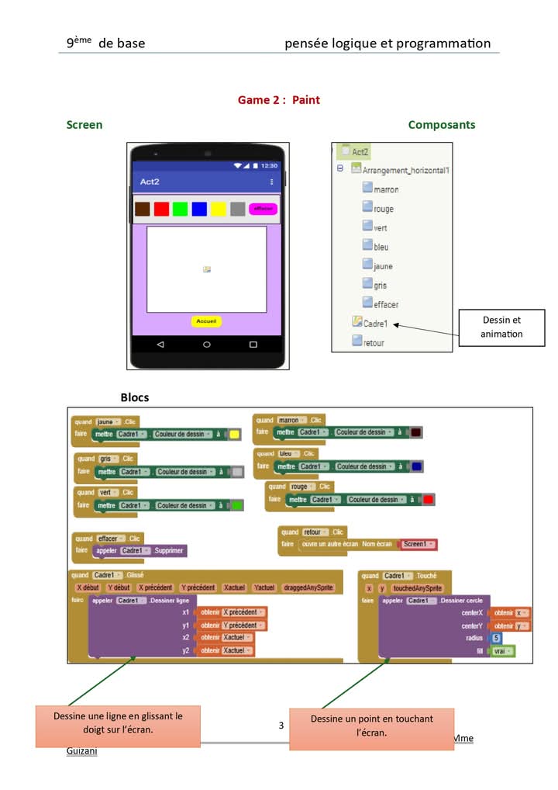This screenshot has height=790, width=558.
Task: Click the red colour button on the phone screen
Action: (x=161, y=209)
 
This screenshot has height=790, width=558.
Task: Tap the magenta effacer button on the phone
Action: (x=263, y=209)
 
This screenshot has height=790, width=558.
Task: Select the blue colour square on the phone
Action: (x=199, y=209)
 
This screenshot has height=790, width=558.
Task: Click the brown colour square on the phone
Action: (x=142, y=209)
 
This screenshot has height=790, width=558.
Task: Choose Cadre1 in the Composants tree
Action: (x=375, y=324)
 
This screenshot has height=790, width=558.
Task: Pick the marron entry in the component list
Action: (x=385, y=189)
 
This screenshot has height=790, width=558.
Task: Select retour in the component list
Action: (x=373, y=342)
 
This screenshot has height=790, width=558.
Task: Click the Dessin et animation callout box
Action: (x=501, y=327)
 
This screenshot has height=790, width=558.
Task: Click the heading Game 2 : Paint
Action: (x=278, y=100)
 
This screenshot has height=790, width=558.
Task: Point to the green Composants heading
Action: (x=442, y=125)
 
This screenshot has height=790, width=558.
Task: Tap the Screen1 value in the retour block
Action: (x=418, y=545)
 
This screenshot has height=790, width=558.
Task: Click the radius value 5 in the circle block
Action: (x=497, y=638)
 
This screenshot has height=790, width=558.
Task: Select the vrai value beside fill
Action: (x=502, y=651)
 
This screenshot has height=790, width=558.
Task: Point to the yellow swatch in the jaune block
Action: (x=234, y=435)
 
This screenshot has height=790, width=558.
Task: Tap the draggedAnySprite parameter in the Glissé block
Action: (x=308, y=587)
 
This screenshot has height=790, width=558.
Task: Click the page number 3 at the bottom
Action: (x=281, y=726)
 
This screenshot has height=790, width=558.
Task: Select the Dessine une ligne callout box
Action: (x=118, y=722)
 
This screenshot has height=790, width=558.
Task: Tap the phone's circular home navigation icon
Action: (x=207, y=344)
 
